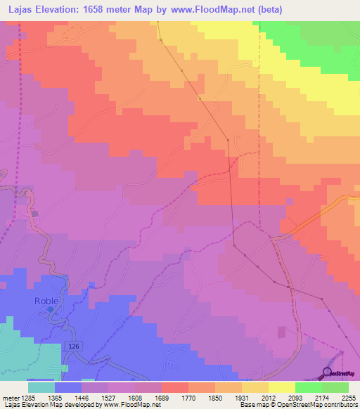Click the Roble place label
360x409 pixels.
point(46,301)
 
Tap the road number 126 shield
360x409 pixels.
point(75,346)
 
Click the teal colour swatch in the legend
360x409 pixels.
point(41,387)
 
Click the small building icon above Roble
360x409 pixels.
point(35,212)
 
